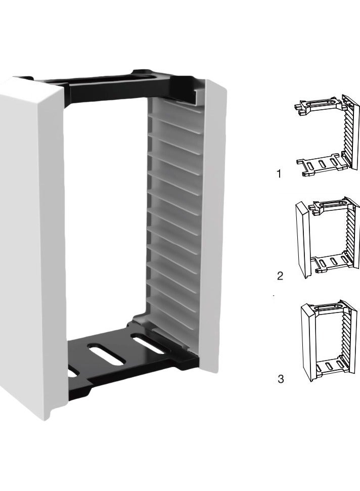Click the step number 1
(279, 174)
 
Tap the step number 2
(280, 276)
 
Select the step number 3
(281, 379)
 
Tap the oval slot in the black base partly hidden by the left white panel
(72, 372)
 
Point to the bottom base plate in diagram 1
(321, 164)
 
